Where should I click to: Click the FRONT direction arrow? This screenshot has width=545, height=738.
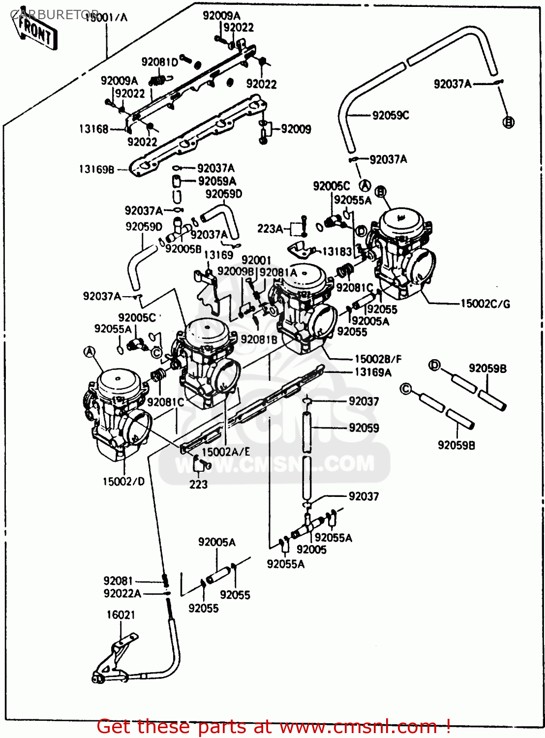click(x=36, y=31)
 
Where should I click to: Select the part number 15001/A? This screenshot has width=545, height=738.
click(x=106, y=18)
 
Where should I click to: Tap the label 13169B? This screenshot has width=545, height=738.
click(x=97, y=169)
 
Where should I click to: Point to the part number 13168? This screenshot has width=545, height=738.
click(x=93, y=129)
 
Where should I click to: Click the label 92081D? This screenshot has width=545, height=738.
click(x=159, y=62)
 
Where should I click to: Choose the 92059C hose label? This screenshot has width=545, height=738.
click(x=391, y=115)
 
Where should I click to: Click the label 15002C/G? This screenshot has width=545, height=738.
click(x=485, y=304)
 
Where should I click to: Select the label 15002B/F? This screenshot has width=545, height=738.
click(x=378, y=359)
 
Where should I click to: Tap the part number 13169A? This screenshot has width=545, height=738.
click(x=373, y=372)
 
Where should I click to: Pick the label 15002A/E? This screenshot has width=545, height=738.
click(x=226, y=452)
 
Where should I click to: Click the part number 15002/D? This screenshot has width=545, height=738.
click(x=123, y=482)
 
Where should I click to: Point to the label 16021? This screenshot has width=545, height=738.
click(x=121, y=615)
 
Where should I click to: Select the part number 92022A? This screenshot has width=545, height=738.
click(x=122, y=593)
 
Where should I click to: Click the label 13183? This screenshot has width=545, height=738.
click(x=337, y=251)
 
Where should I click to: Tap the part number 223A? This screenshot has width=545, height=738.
click(x=270, y=229)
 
